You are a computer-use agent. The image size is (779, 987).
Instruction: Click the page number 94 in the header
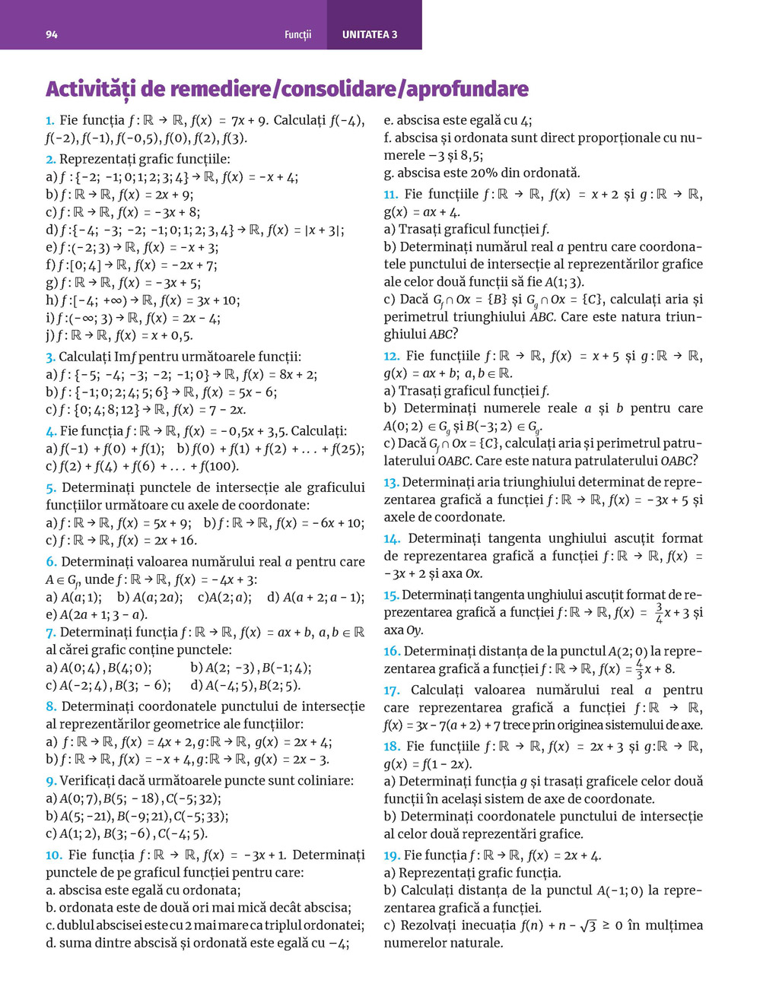(x=52, y=35)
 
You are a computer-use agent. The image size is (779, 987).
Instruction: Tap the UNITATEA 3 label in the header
(x=370, y=35)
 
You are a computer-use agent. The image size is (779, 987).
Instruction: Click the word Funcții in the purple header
(x=298, y=35)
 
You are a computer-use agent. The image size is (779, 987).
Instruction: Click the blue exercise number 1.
(x=49, y=120)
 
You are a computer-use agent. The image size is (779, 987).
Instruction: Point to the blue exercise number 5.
(x=50, y=487)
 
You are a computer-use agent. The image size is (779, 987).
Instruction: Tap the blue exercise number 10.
(x=53, y=855)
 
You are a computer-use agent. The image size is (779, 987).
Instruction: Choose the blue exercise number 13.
(x=391, y=482)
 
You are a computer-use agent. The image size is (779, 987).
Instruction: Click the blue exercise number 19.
(x=391, y=855)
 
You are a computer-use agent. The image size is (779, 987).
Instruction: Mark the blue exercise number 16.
(x=391, y=651)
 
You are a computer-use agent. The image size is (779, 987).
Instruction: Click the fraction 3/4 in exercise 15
(x=659, y=613)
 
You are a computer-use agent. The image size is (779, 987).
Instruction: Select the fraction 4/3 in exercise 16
(x=638, y=669)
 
